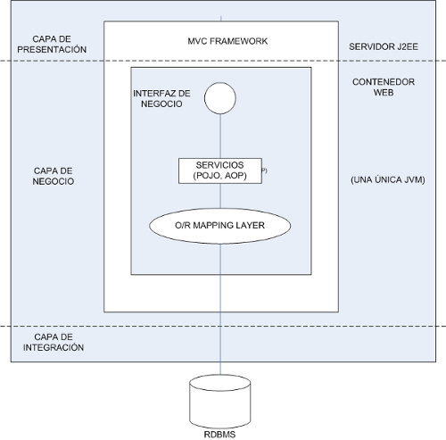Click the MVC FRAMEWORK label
(x=227, y=41)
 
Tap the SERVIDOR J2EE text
(x=384, y=46)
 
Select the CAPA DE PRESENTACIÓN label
(x=52, y=44)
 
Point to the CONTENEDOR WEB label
(x=384, y=87)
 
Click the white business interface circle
(x=220, y=98)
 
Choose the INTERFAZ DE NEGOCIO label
(x=161, y=98)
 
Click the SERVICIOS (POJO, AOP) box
(x=220, y=170)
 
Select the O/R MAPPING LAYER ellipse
(x=219, y=226)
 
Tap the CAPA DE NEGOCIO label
(x=54, y=176)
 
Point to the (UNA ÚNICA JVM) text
(x=388, y=179)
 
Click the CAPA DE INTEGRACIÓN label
(x=54, y=342)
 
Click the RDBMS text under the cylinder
(x=219, y=435)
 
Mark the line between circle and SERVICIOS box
(x=220, y=137)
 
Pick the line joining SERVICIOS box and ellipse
(x=220, y=195)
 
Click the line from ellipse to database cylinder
(x=220, y=310)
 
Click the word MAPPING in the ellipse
(x=213, y=226)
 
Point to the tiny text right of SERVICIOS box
(x=264, y=170)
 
